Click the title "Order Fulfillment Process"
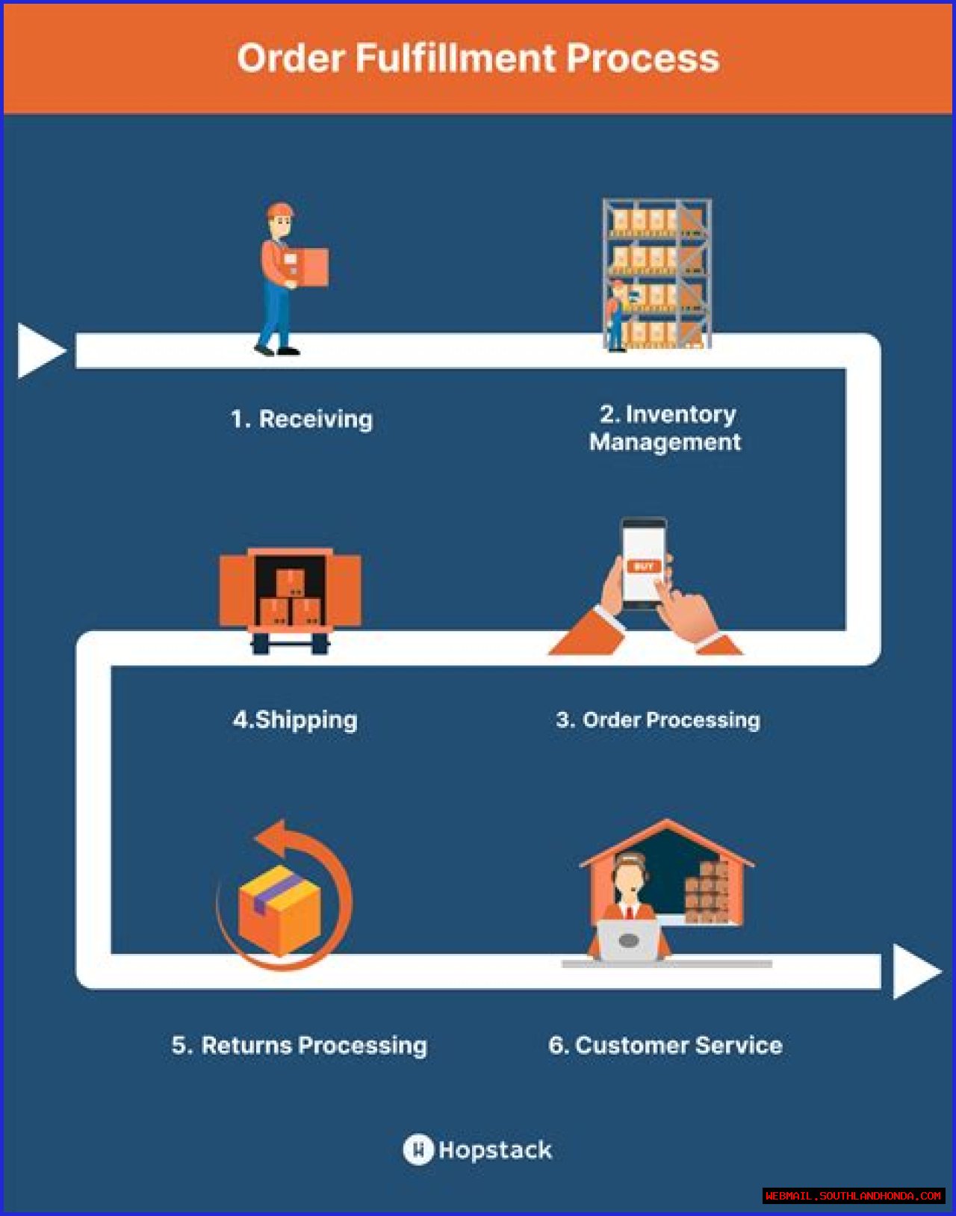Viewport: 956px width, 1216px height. click(x=478, y=58)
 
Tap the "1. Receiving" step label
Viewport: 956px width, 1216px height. click(x=301, y=419)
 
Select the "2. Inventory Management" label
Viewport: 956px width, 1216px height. click(x=665, y=428)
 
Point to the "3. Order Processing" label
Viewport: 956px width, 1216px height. click(x=657, y=720)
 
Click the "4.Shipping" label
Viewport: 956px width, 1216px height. click(x=295, y=720)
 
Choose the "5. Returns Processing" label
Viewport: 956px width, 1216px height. click(x=299, y=1045)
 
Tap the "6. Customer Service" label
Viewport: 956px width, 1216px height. click(x=665, y=1045)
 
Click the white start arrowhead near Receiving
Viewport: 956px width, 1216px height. click(x=39, y=350)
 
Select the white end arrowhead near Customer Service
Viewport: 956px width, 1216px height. click(x=914, y=971)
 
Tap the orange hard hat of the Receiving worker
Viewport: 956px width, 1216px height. click(x=280, y=210)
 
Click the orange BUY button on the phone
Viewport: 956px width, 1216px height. click(x=644, y=566)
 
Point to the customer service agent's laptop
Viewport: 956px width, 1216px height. click(x=629, y=940)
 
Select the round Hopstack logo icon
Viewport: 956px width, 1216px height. click(x=418, y=1150)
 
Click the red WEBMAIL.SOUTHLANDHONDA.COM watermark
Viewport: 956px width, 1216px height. click(x=853, y=1196)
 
